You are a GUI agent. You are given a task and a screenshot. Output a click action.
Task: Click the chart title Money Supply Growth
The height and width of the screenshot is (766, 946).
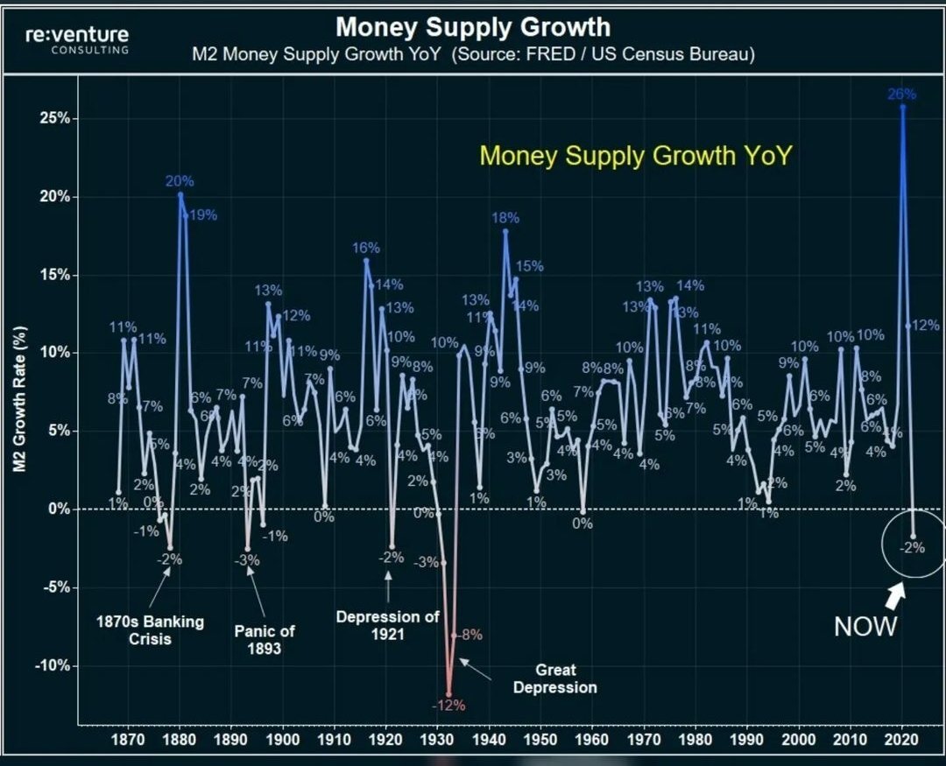pyautogui.click(x=473, y=26)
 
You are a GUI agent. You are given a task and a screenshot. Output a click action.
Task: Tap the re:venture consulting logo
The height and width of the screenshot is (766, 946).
pyautogui.click(x=77, y=39)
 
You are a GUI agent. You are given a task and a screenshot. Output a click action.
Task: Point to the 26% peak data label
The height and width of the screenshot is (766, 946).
pyautogui.click(x=901, y=94)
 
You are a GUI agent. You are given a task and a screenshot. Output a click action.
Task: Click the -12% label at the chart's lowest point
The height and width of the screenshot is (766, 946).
pyautogui.click(x=448, y=705)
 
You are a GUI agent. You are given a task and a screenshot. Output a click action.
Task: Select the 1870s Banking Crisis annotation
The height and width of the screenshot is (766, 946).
pyautogui.click(x=150, y=629)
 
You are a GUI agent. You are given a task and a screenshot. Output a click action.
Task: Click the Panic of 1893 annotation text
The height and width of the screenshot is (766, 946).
pyautogui.click(x=265, y=639)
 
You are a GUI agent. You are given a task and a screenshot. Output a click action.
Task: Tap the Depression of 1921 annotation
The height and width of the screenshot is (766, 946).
pyautogui.click(x=387, y=624)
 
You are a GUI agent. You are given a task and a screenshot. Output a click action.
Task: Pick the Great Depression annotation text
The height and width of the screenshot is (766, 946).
pyautogui.click(x=554, y=679)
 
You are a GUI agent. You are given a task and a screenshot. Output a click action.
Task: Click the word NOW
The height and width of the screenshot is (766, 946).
pyautogui.click(x=865, y=626)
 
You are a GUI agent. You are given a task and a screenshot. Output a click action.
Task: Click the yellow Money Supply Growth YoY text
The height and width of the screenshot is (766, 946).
pyautogui.click(x=637, y=156)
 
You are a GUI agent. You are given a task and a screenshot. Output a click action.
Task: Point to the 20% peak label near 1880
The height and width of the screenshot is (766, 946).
pyautogui.click(x=180, y=181)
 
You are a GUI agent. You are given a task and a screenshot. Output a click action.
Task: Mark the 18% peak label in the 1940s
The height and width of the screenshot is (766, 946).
pyautogui.click(x=505, y=218)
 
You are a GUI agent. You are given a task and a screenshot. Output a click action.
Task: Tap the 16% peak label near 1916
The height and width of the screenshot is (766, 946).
pyautogui.click(x=366, y=248)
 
